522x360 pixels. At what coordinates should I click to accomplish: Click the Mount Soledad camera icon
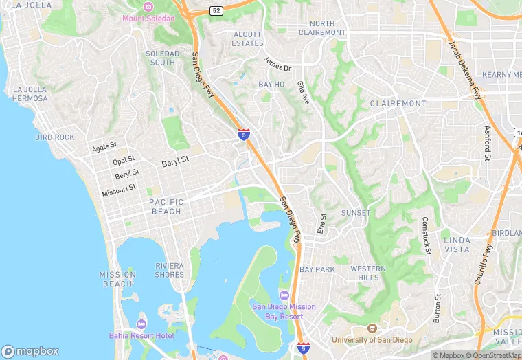click(x=148, y=7)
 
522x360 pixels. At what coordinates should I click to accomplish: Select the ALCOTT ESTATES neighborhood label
click(x=247, y=38)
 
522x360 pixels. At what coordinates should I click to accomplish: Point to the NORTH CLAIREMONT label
click(x=322, y=28)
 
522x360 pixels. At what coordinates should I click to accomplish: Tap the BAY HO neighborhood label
click(x=271, y=84)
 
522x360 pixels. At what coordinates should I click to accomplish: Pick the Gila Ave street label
click(x=303, y=92)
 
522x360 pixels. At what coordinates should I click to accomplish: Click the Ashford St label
click(x=488, y=144)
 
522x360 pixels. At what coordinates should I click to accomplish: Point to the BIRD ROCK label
click(x=54, y=137)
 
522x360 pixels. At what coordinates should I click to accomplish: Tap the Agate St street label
click(x=104, y=147)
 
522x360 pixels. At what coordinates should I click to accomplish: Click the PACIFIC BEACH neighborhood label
click(x=166, y=206)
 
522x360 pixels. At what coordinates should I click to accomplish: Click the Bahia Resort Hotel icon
click(x=141, y=324)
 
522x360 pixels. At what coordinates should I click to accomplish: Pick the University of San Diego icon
click(x=372, y=328)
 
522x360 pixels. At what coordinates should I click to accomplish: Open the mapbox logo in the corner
click(x=31, y=351)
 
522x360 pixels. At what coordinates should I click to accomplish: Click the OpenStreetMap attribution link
click(x=494, y=355)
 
